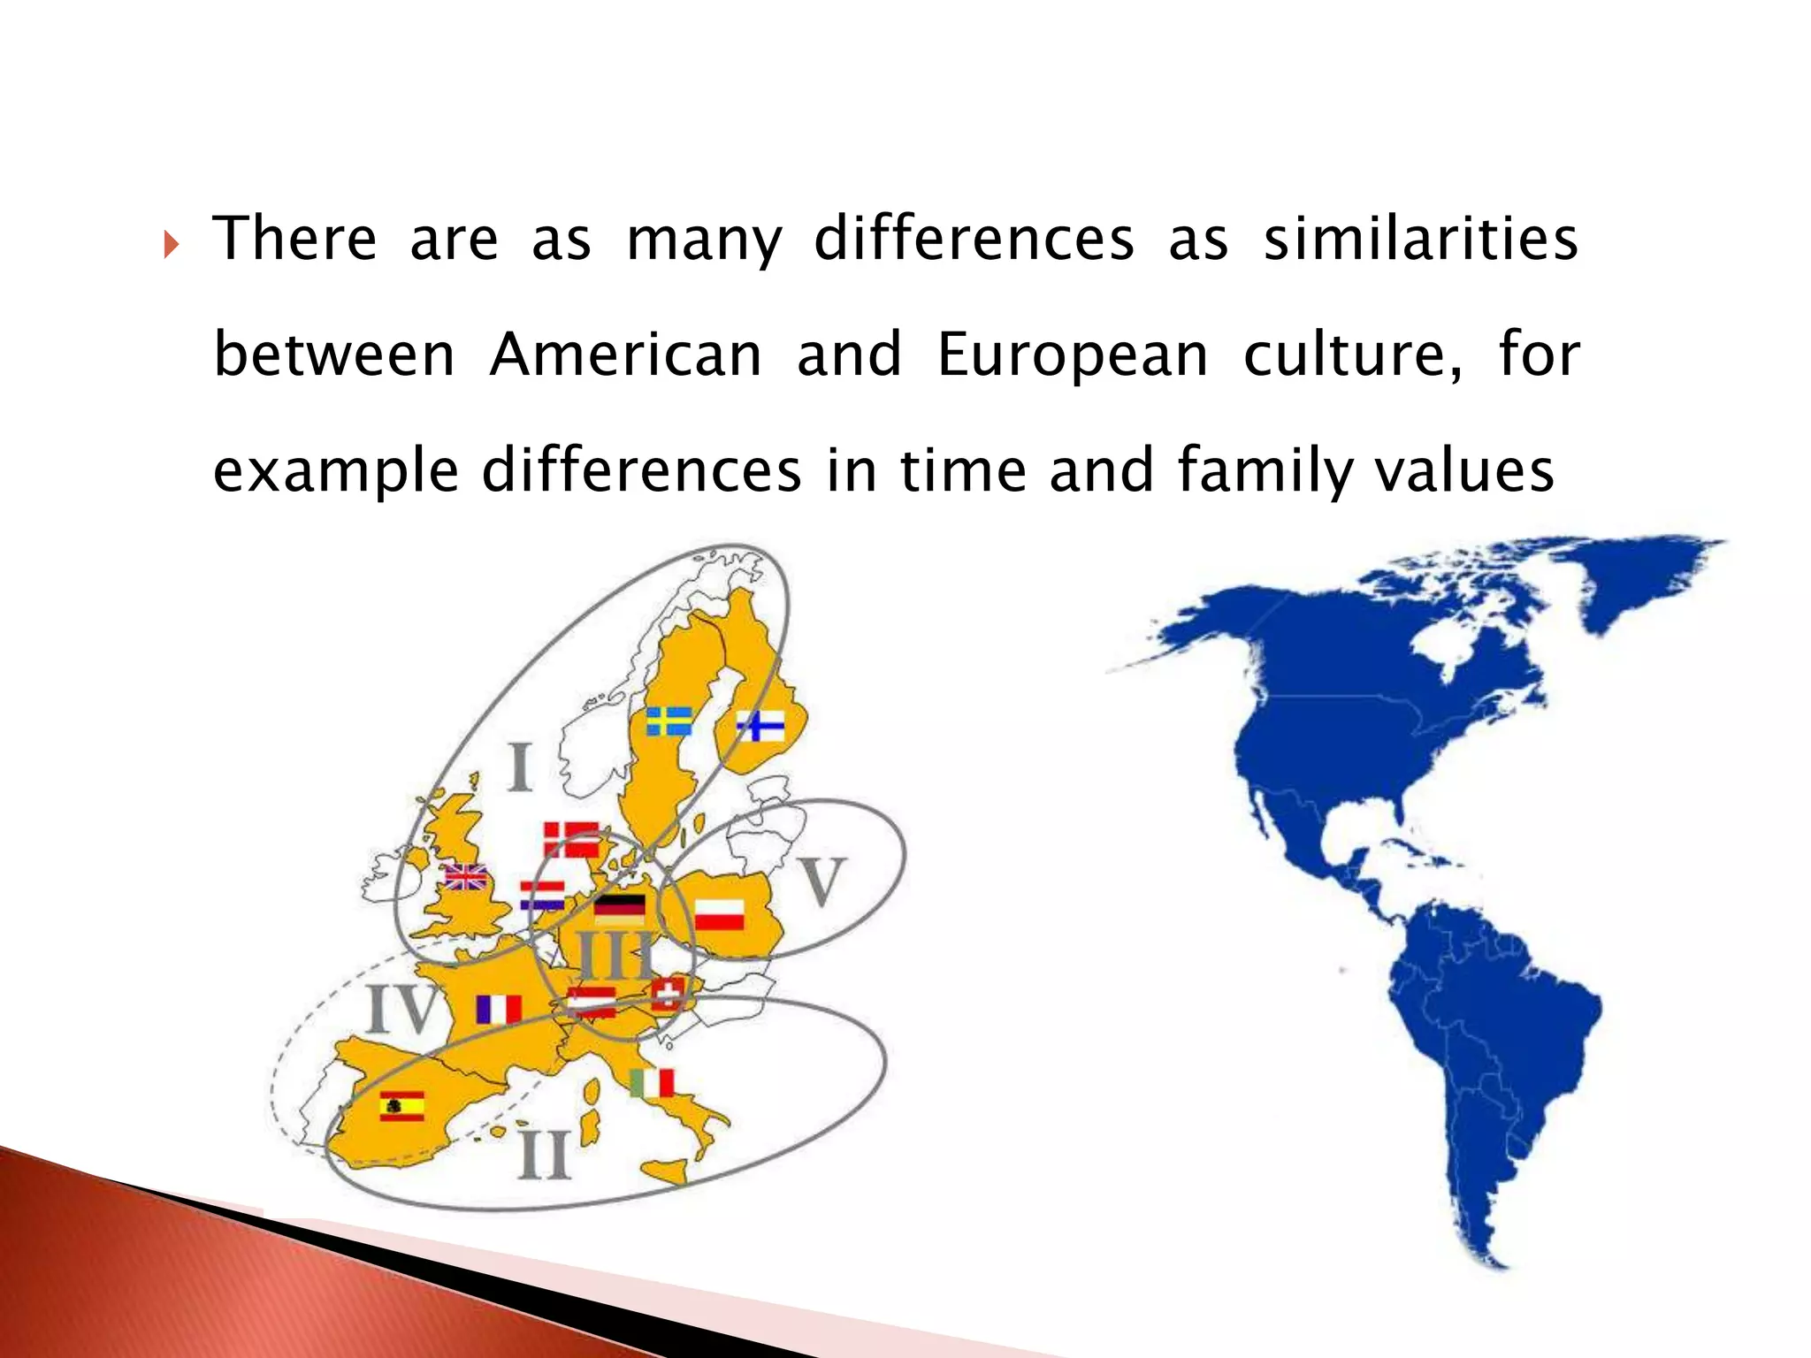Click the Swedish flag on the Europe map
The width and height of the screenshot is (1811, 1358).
(669, 721)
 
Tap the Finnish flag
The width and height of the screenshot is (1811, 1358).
(760, 726)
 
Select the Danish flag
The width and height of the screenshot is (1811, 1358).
(571, 839)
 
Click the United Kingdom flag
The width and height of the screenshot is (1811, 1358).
(466, 876)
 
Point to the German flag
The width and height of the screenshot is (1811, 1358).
(619, 910)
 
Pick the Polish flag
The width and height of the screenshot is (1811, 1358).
(719, 914)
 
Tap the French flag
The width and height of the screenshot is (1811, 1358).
(499, 1009)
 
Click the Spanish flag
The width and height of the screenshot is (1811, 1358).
(402, 1106)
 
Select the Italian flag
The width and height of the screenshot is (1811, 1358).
(653, 1082)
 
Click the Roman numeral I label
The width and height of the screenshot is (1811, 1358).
(520, 767)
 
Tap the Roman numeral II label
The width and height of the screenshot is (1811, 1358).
(543, 1154)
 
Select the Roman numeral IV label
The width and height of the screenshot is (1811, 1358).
(403, 1009)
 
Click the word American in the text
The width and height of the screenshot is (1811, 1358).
(625, 355)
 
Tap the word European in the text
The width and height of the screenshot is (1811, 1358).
(1072, 355)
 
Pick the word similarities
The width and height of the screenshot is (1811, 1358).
(1420, 239)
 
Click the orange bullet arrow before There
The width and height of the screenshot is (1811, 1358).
(172, 244)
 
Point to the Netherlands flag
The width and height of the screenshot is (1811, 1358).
(542, 896)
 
